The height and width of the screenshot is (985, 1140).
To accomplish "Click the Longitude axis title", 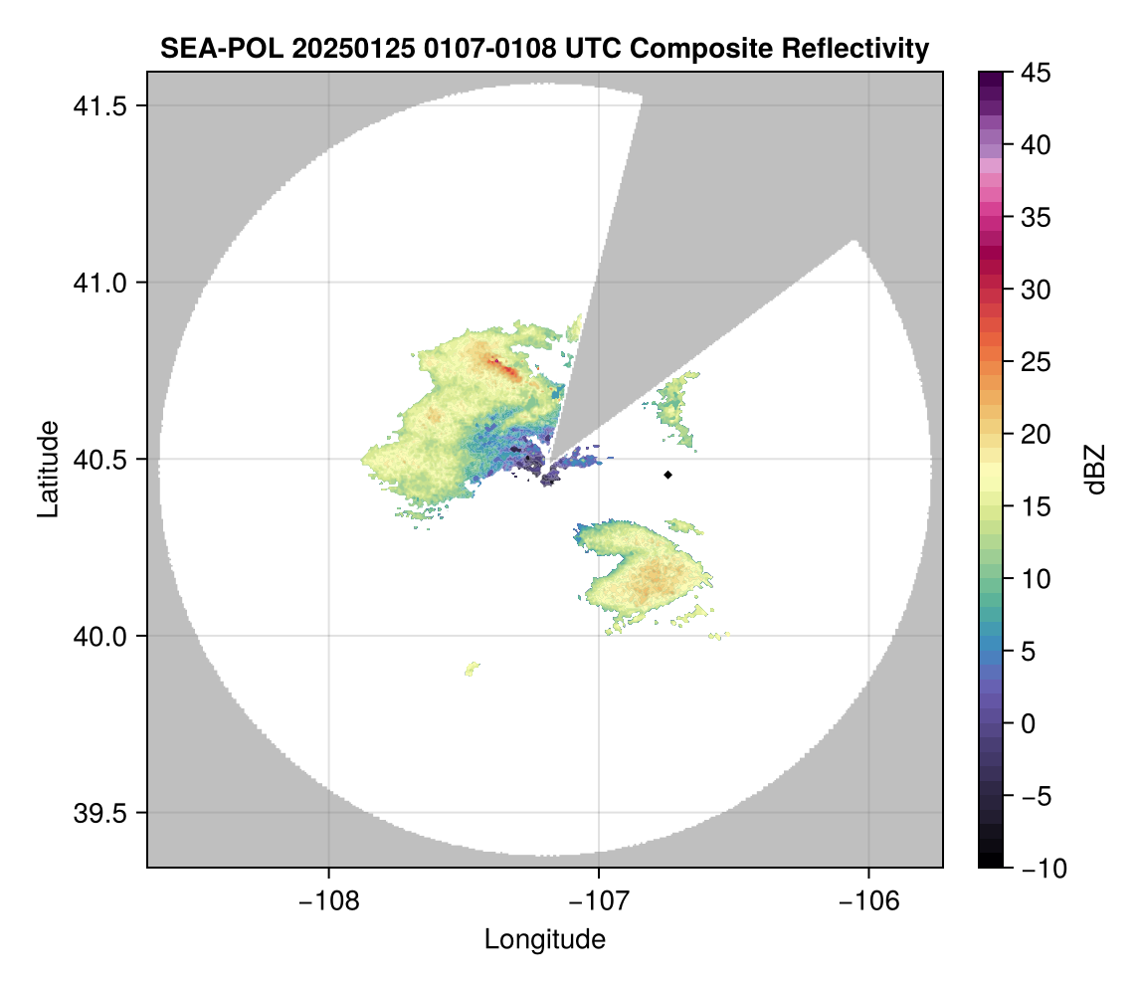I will click(544, 938).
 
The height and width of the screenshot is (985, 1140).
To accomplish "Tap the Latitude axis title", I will click(48, 469).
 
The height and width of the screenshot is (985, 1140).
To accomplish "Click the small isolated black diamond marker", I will click(667, 475).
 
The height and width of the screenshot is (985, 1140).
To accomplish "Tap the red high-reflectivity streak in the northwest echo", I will click(507, 370).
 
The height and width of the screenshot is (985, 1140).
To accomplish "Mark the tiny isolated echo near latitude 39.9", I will click(473, 668).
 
